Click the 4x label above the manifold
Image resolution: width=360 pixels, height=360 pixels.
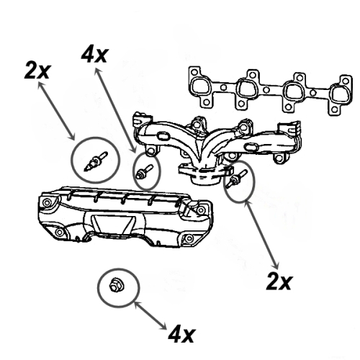tap(94, 55)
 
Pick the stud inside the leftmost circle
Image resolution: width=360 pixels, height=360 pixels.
tap(94, 160)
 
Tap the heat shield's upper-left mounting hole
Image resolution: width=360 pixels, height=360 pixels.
tap(48, 202)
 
